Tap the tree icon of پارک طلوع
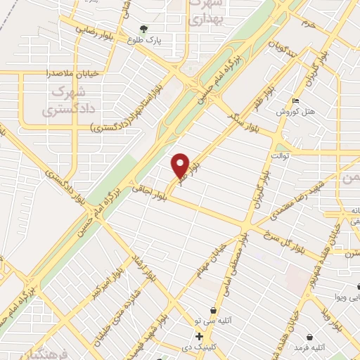(x=144, y=30)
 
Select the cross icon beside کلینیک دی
(x=200, y=337)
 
